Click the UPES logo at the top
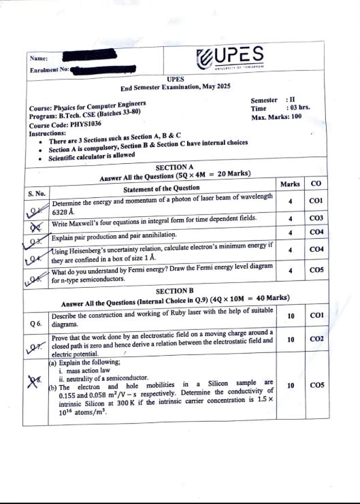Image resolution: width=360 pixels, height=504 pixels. point(230,56)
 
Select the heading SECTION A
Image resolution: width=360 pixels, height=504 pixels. point(175,166)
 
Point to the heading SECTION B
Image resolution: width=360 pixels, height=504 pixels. point(175,290)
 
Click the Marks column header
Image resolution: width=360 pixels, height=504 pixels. point(290,184)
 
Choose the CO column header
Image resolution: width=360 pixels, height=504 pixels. point(316,184)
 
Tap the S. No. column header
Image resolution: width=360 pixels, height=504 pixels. point(37,195)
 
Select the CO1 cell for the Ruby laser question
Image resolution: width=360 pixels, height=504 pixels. point(315,316)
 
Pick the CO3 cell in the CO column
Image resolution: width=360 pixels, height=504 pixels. point(315,218)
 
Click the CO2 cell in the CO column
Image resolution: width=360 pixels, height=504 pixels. point(315,339)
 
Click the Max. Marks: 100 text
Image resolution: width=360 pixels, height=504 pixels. point(276,117)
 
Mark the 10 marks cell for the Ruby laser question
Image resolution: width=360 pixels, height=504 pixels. point(291,316)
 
